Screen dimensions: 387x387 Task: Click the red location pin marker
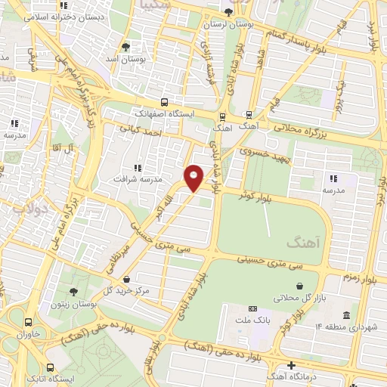pos(194,177)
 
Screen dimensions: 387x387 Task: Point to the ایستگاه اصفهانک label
pos(165,113)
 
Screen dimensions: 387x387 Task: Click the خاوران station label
pos(27,334)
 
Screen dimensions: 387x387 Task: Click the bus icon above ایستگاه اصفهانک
pos(165,101)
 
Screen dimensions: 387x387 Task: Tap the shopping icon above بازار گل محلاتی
pos(302,286)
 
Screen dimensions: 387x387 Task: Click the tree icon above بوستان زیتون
pos(73,291)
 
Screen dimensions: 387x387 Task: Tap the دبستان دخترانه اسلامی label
pos(37,15)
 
